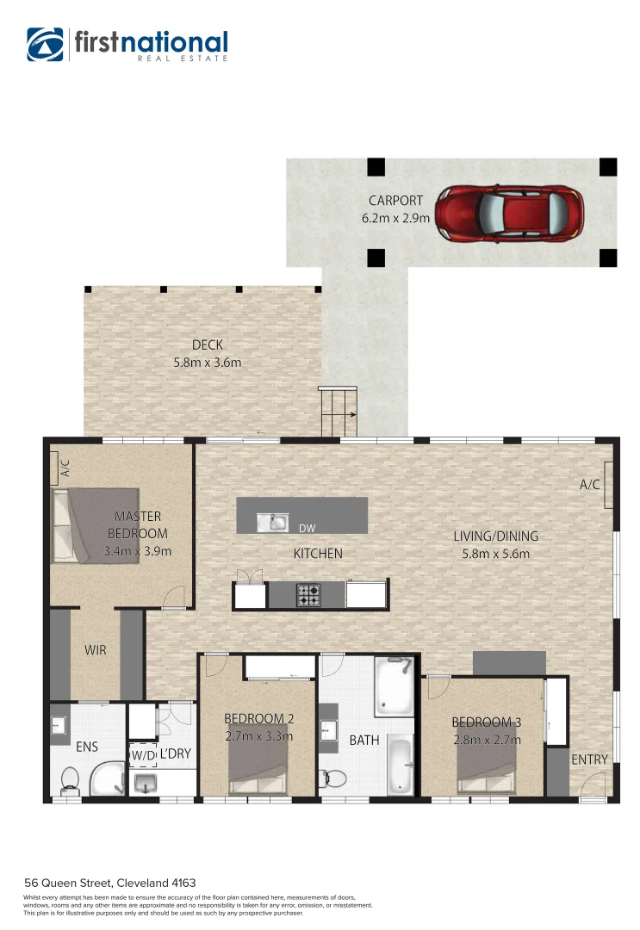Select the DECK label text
click(207, 344)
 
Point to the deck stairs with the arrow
click(339, 412)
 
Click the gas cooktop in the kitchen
click(308, 593)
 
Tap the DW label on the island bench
click(307, 528)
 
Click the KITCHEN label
click(318, 554)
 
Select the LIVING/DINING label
click(495, 536)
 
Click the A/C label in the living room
click(589, 485)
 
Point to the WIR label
click(95, 650)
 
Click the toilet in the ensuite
click(70, 780)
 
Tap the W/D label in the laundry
click(142, 755)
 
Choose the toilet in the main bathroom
click(333, 778)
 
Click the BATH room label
click(364, 740)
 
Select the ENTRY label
click(589, 759)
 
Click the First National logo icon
click(45, 45)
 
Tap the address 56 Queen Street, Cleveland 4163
click(110, 883)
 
